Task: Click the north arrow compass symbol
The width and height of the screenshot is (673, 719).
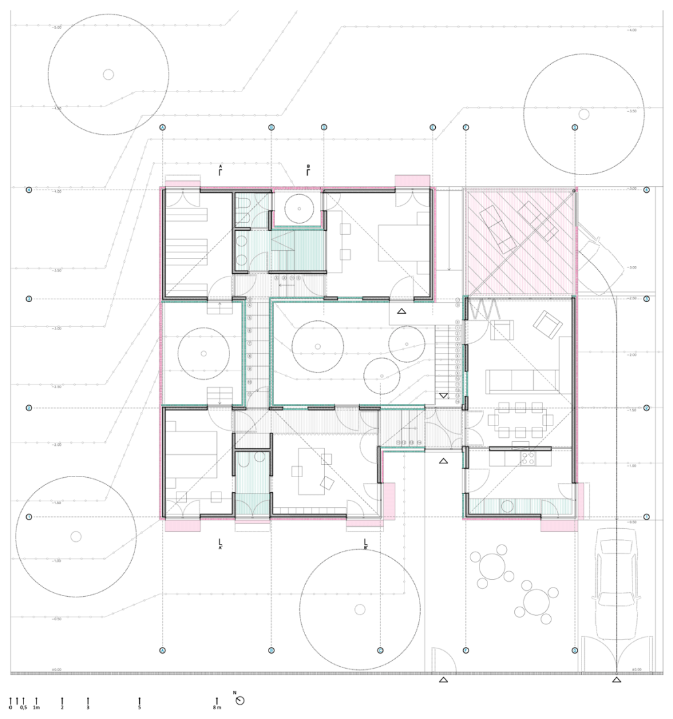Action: tap(240, 700)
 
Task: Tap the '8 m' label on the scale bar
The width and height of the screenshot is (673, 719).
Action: tap(217, 708)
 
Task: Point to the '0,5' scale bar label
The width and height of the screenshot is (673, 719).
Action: tap(24, 708)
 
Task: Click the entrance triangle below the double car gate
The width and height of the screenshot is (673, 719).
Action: tap(616, 680)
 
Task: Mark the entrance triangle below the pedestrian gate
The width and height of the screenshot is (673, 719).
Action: tap(443, 680)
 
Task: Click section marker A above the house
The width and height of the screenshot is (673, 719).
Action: tap(221, 171)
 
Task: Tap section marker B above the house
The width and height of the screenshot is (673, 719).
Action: tap(308, 171)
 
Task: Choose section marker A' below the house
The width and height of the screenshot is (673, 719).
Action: tap(221, 543)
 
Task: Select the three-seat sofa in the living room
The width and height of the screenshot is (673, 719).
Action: tap(521, 380)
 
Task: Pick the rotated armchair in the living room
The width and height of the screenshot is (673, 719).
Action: tap(548, 324)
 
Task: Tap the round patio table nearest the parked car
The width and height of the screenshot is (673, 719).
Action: tap(536, 599)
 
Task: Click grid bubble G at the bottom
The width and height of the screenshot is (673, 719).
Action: tap(574, 650)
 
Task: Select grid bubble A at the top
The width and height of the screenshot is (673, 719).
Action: tap(163, 127)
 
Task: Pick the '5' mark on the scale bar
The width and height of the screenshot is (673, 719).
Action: tap(139, 708)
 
